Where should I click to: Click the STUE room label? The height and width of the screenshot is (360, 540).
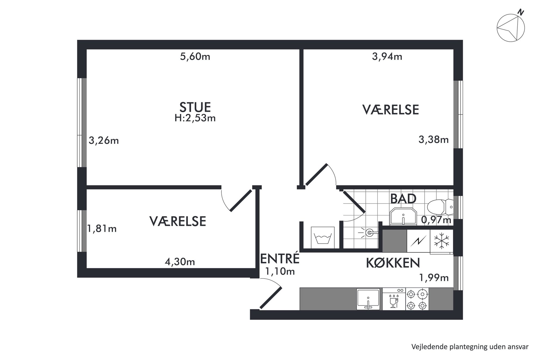[x=195, y=107]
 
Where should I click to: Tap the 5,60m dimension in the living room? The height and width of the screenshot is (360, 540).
[x=195, y=57]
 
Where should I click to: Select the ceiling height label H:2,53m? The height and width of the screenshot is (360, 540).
[x=195, y=118]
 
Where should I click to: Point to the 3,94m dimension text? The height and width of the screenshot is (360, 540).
[x=387, y=57]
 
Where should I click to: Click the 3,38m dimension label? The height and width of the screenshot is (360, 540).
[x=434, y=140]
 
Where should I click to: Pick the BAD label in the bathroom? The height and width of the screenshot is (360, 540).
[x=403, y=199]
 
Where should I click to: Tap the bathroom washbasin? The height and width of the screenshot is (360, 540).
[x=403, y=217]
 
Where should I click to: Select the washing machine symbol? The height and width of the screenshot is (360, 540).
[x=323, y=237]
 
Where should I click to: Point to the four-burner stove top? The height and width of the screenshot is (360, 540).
[x=417, y=299]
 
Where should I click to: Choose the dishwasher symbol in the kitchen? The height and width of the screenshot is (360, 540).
[x=394, y=299]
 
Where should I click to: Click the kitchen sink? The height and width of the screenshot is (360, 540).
[x=368, y=299]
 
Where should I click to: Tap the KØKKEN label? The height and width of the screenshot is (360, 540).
[x=393, y=263]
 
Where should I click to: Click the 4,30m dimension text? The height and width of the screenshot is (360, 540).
[x=180, y=262]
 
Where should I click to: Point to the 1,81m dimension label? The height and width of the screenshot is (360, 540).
[x=102, y=229]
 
